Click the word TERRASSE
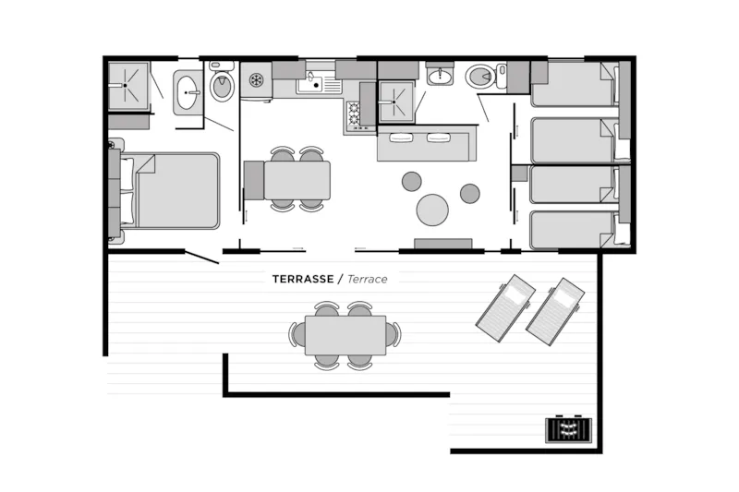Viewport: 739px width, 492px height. [303, 279]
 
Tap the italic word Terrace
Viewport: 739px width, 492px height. [367, 279]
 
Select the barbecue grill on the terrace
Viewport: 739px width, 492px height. [568, 429]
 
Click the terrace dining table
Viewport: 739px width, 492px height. [345, 335]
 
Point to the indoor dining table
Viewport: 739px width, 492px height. [297, 180]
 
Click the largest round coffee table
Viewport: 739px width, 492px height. [432, 209]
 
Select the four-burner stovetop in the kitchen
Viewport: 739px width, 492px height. [353, 115]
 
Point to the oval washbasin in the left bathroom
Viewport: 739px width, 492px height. [188, 92]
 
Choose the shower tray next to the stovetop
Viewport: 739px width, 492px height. [395, 102]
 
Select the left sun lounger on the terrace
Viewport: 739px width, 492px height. [505, 308]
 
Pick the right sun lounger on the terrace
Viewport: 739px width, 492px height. [555, 311]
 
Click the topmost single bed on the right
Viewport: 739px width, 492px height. [574, 84]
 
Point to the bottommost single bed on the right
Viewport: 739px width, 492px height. [574, 230]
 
